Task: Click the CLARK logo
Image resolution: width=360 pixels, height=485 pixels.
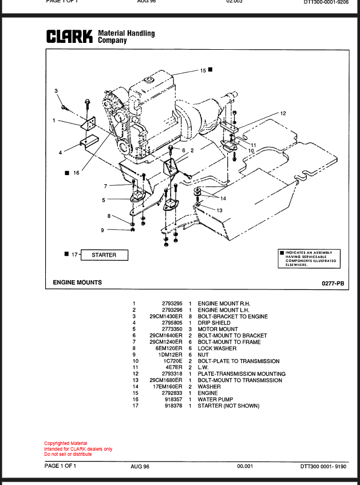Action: pos(69,37)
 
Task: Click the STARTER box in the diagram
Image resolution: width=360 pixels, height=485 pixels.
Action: pos(104,255)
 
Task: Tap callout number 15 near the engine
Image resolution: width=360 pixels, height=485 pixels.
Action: pos(203,70)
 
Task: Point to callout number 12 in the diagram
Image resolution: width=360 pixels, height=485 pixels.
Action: pos(283,113)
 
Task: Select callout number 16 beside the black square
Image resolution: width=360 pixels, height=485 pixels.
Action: pos(76,173)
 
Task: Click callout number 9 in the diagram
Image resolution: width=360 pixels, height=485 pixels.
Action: pos(102,230)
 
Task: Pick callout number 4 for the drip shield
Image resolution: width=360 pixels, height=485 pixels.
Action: pos(60,153)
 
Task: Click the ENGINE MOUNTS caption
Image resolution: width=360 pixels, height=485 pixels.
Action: pos(77,283)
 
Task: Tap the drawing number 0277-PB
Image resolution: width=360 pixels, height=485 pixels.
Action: pos(333,283)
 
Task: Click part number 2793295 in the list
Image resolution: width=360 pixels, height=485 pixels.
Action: pos(172,304)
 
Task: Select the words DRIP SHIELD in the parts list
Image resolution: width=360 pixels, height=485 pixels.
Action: pos(214,323)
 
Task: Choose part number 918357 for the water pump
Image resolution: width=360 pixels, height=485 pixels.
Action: pos(173,399)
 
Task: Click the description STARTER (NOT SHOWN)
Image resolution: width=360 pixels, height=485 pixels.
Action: pos(228,406)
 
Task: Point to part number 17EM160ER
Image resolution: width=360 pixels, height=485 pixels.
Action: pos(168,387)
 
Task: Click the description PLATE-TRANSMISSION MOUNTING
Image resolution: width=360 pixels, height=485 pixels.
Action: pos(242,374)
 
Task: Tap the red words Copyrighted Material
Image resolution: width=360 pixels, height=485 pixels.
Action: pos(66,443)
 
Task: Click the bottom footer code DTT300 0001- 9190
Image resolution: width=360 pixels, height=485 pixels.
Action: pos(323,467)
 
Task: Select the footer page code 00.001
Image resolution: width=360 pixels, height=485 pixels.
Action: pos(245,466)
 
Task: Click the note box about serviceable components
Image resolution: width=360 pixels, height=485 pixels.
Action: pos(309,259)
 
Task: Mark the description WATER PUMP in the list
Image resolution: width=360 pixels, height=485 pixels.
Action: pos(215,399)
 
